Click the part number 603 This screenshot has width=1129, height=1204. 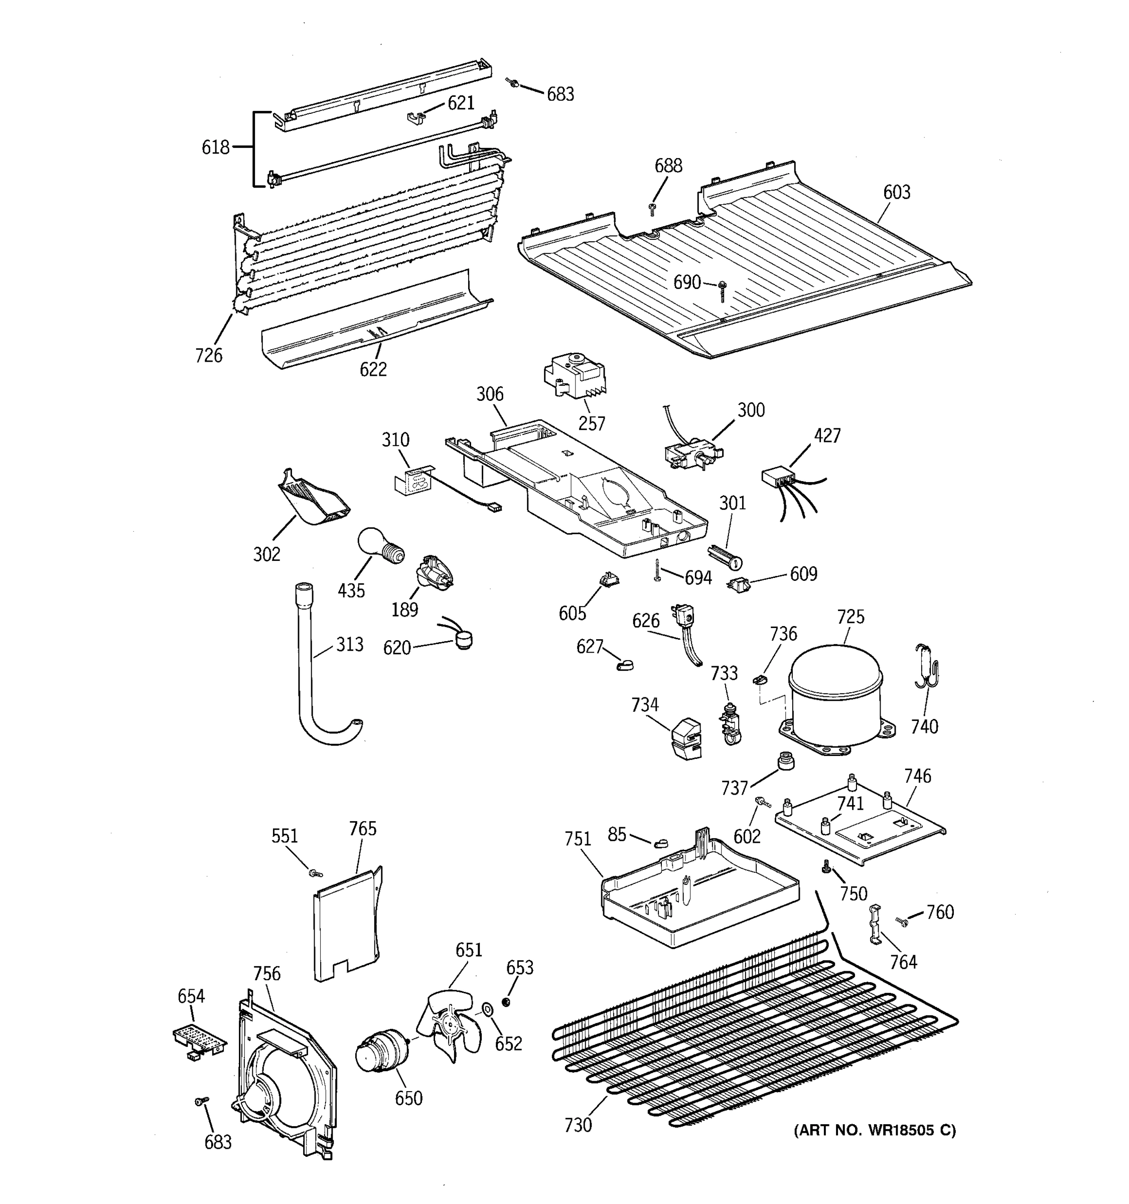(896, 192)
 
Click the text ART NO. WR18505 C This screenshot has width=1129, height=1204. (875, 1130)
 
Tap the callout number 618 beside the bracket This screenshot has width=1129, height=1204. (216, 147)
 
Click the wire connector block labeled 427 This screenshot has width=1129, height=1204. (779, 477)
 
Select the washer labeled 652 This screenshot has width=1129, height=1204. (486, 1009)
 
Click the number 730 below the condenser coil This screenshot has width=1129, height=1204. (578, 1124)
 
